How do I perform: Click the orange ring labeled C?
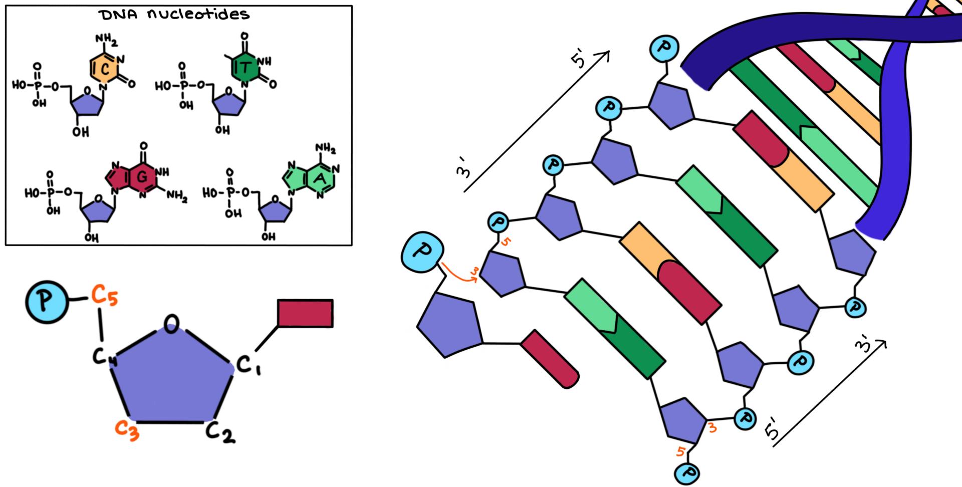pos(104,70)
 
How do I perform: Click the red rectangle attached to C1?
pos(305,314)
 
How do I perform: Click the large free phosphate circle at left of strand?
pos(422,253)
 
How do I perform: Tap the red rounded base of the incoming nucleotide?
pos(550,358)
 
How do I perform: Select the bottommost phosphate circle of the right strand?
pos(687,472)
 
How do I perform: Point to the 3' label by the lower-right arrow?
pos(864,346)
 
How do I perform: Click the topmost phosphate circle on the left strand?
pos(664,48)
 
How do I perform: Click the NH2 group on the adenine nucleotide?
pos(325,149)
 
